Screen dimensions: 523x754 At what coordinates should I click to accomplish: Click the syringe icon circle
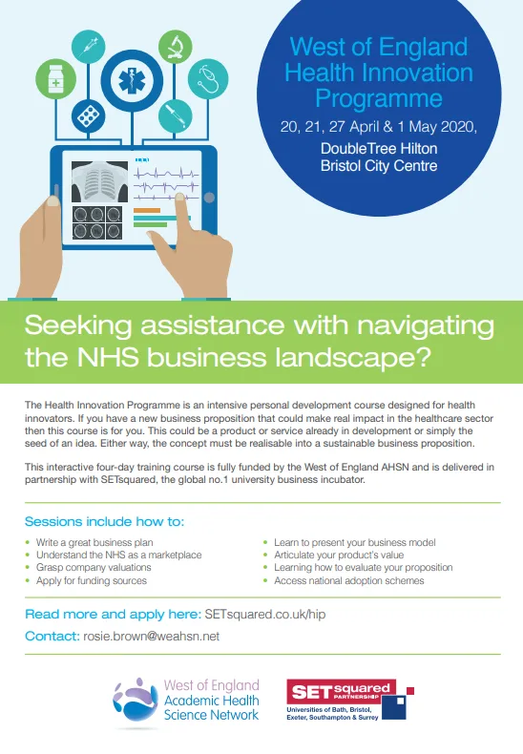88,47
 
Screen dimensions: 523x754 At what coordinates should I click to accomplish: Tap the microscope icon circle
176,47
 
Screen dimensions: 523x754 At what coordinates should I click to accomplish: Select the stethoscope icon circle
208,79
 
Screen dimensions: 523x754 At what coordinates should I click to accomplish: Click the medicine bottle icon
55,79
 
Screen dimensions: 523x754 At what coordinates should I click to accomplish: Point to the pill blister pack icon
88,115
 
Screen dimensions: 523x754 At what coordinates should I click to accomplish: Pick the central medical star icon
133,81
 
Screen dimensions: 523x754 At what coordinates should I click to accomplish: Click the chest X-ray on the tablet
99,181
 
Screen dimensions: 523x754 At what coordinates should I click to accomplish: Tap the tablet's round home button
209,198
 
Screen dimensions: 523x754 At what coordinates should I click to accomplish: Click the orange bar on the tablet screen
147,210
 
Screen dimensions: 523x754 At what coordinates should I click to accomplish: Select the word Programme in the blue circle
379,98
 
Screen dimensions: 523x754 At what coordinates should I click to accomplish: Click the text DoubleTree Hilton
379,148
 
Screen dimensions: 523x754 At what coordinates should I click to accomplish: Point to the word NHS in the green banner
108,357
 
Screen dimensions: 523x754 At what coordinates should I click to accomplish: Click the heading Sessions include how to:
104,521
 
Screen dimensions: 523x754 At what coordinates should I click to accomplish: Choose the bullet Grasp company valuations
94,568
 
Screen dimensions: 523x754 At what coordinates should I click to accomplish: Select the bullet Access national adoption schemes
349,580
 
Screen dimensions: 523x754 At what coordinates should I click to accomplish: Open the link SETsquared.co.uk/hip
265,614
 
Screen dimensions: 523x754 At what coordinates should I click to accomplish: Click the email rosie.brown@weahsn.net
152,637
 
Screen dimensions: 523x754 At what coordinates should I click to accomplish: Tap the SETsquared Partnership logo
350,700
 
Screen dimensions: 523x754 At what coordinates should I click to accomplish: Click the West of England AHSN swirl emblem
136,701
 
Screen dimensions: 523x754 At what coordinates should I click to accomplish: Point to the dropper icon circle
176,115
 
